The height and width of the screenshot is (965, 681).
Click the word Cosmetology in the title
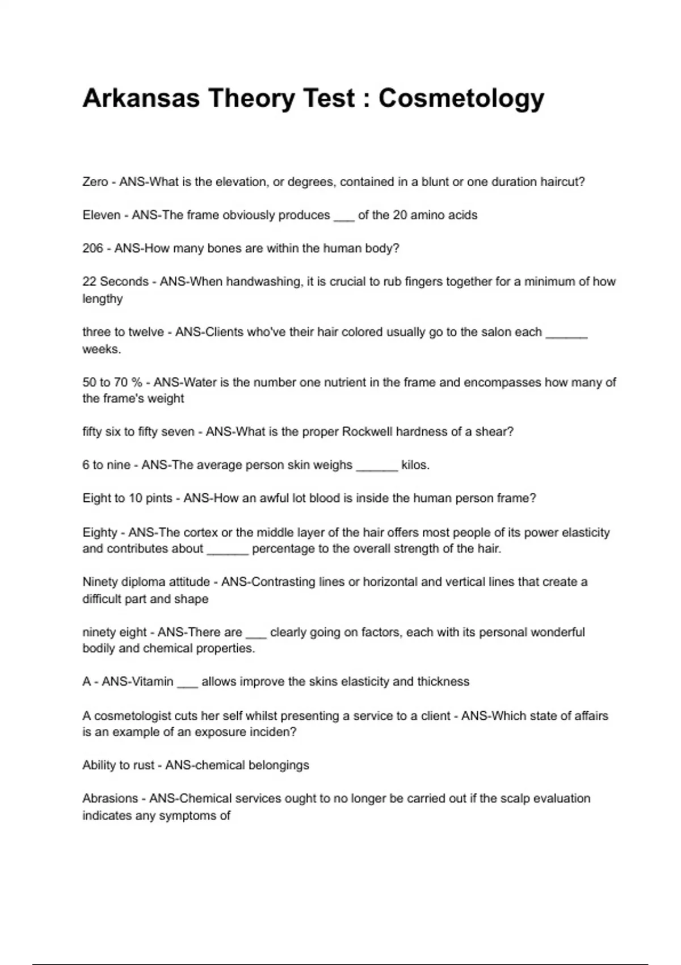tap(461, 99)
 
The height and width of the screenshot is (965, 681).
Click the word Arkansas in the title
tap(141, 99)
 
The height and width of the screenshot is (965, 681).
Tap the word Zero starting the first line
tap(95, 182)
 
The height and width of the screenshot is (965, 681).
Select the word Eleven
tap(102, 215)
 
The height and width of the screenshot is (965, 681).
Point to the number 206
tap(93, 249)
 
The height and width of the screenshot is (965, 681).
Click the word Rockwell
tap(367, 432)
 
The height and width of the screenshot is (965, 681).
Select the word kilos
tap(415, 465)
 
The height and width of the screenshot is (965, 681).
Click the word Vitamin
tap(153, 682)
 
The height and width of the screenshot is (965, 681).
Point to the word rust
tap(144, 765)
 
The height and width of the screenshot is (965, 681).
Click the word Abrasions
tap(110, 799)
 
